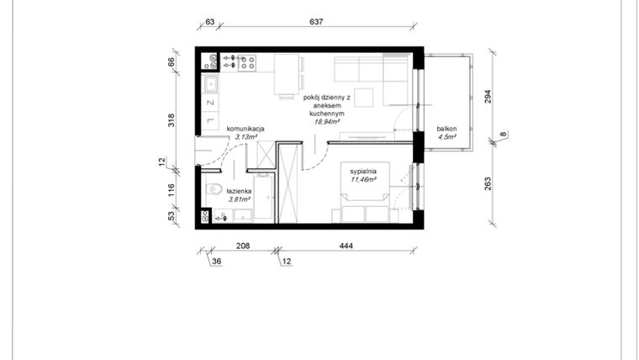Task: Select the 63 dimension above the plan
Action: (x=210, y=22)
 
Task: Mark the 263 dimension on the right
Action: (x=488, y=183)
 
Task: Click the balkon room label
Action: (x=446, y=129)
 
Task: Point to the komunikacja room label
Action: (x=246, y=129)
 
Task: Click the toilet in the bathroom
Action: (x=212, y=188)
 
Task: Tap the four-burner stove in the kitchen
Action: (x=247, y=61)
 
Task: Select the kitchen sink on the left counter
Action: (x=210, y=83)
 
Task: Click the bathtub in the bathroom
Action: (x=264, y=199)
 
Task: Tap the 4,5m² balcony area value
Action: (x=446, y=137)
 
